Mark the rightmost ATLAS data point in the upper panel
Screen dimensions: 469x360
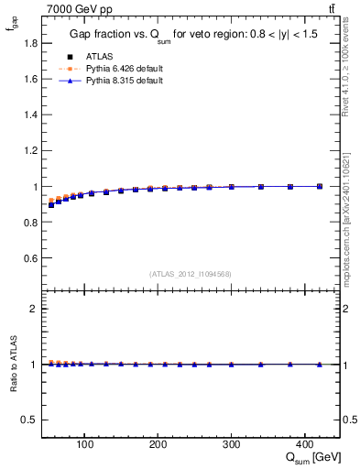point(319,186)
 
